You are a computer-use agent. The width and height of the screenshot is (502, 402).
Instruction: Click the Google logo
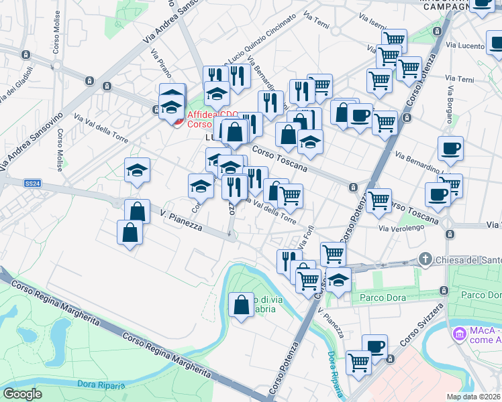pyautogui.click(x=23, y=394)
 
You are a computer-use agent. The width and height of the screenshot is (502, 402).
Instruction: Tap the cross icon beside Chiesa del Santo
pyautogui.click(x=424, y=259)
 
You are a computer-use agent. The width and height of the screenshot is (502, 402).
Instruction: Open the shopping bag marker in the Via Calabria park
pyautogui.click(x=242, y=306)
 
